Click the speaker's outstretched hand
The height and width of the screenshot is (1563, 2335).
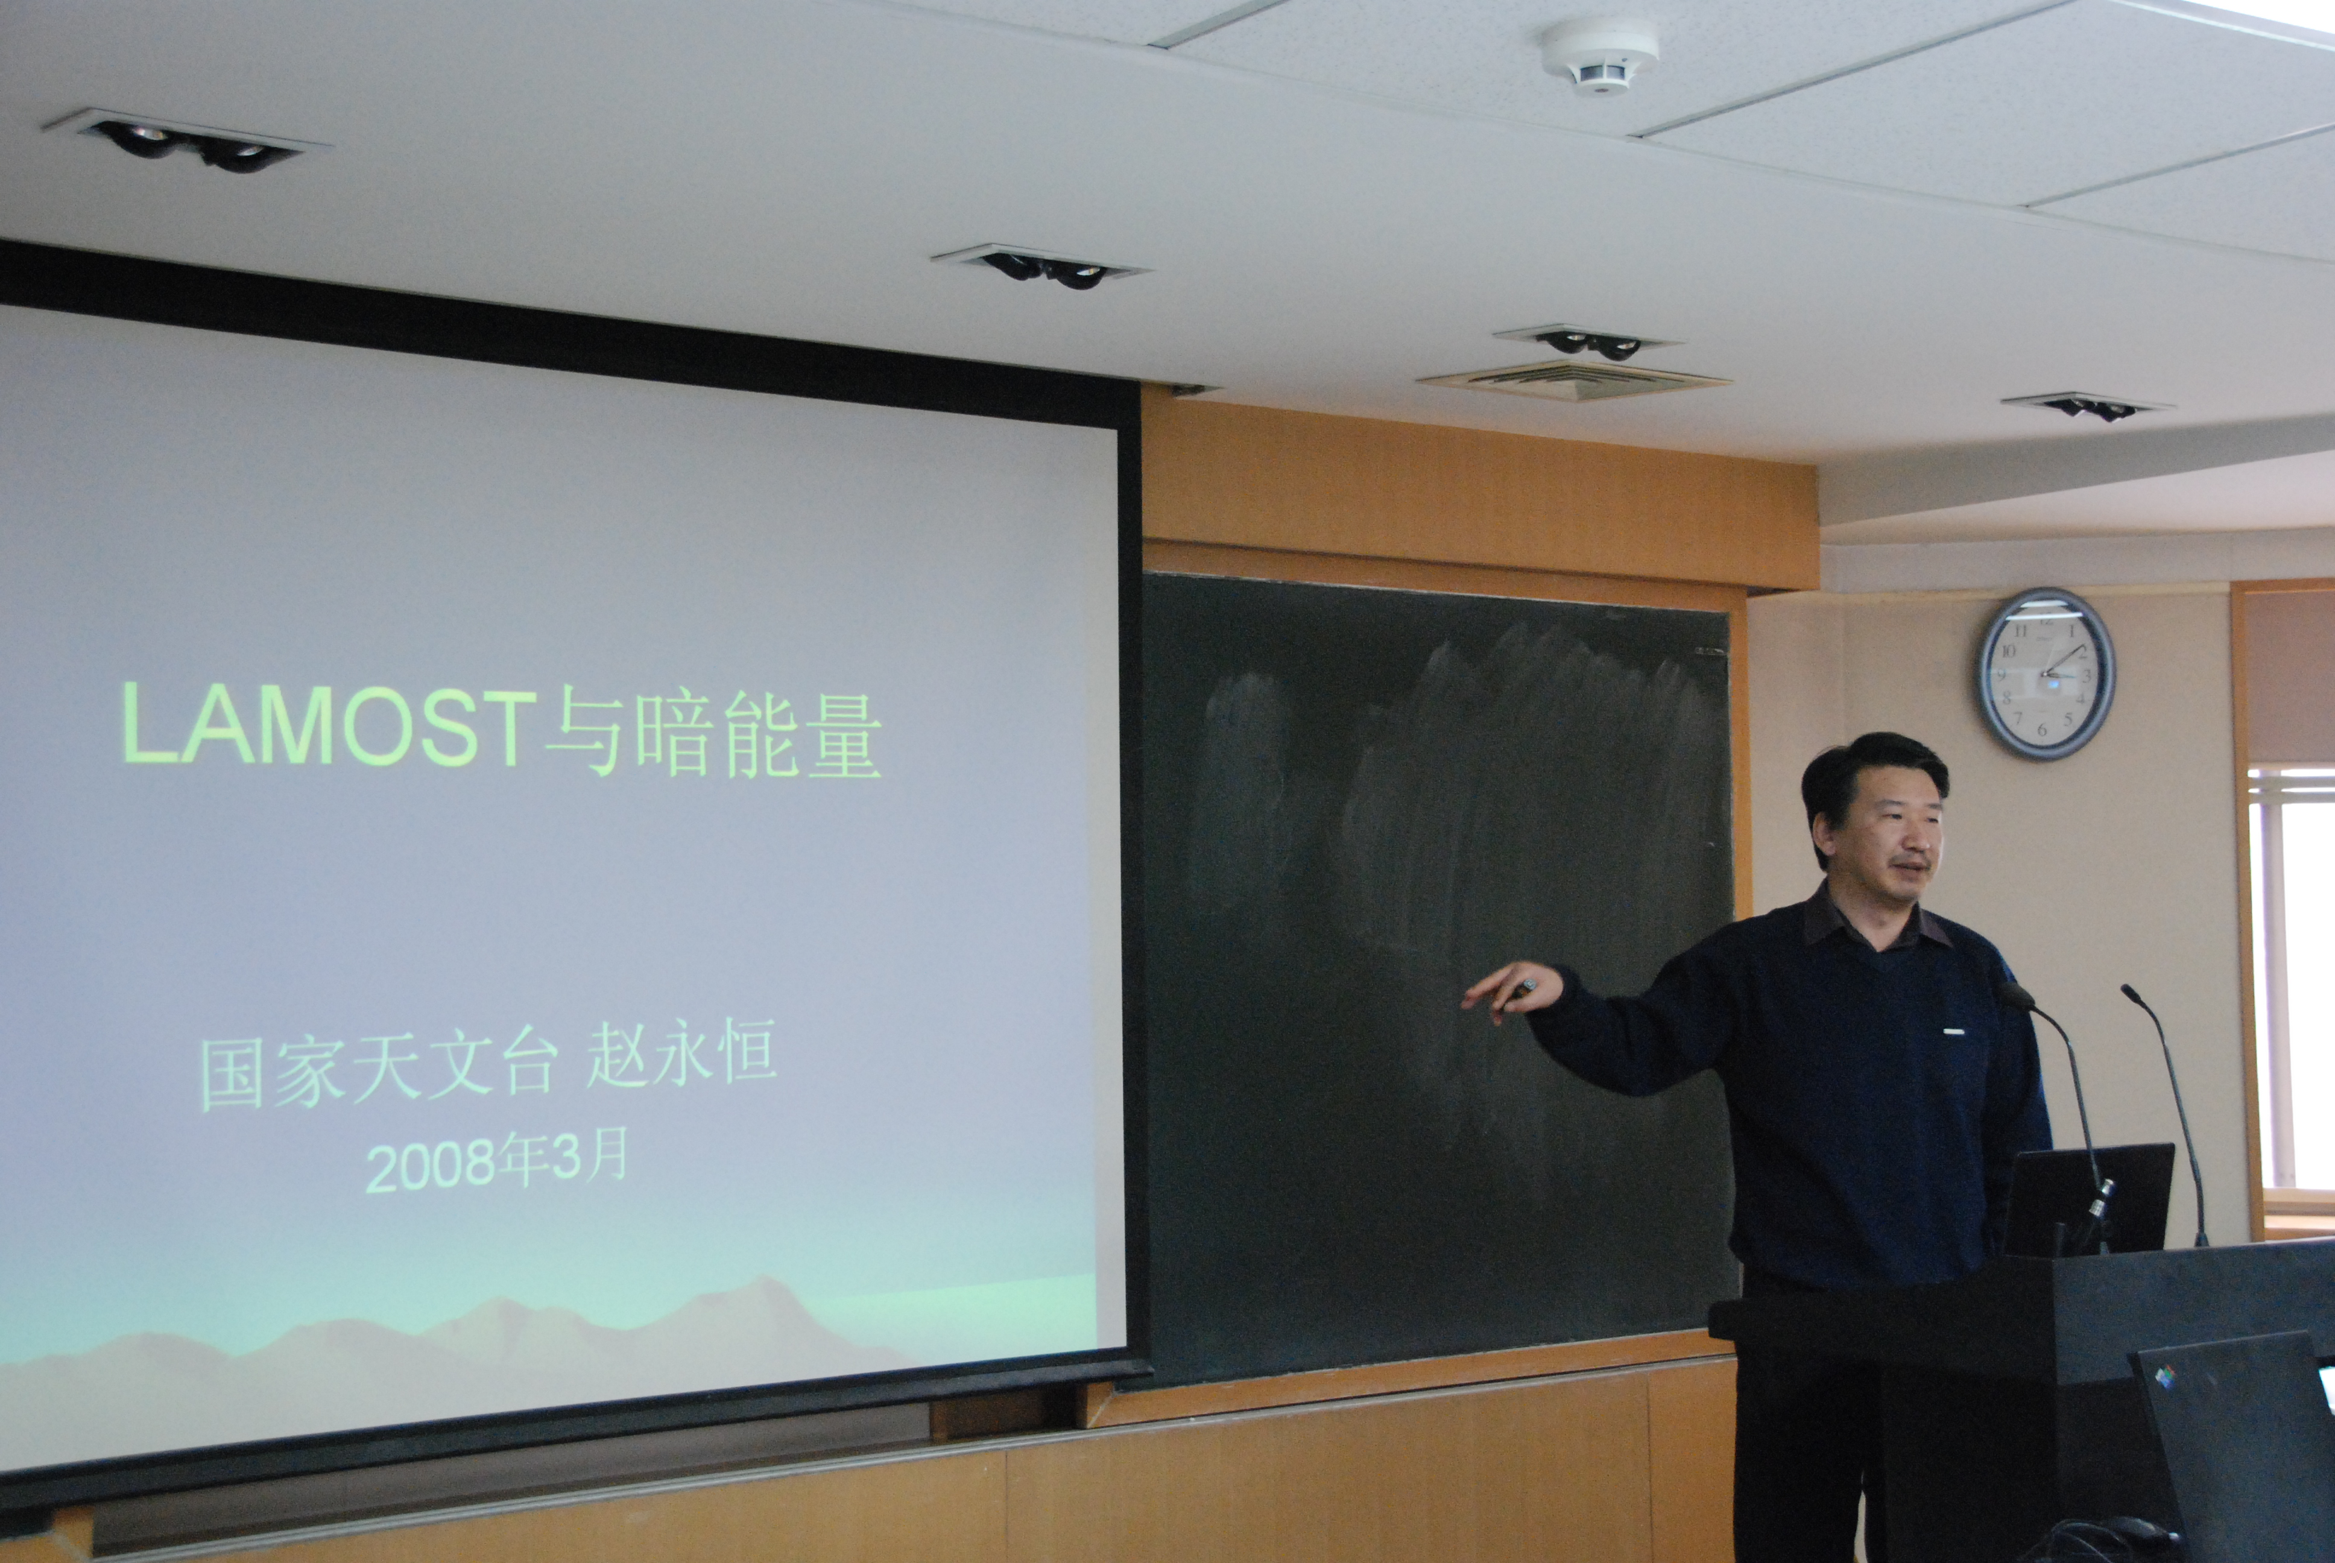tap(1511, 987)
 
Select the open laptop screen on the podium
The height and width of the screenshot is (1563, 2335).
tap(2087, 1199)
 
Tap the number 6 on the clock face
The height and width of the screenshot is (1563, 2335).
tap(2041, 731)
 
